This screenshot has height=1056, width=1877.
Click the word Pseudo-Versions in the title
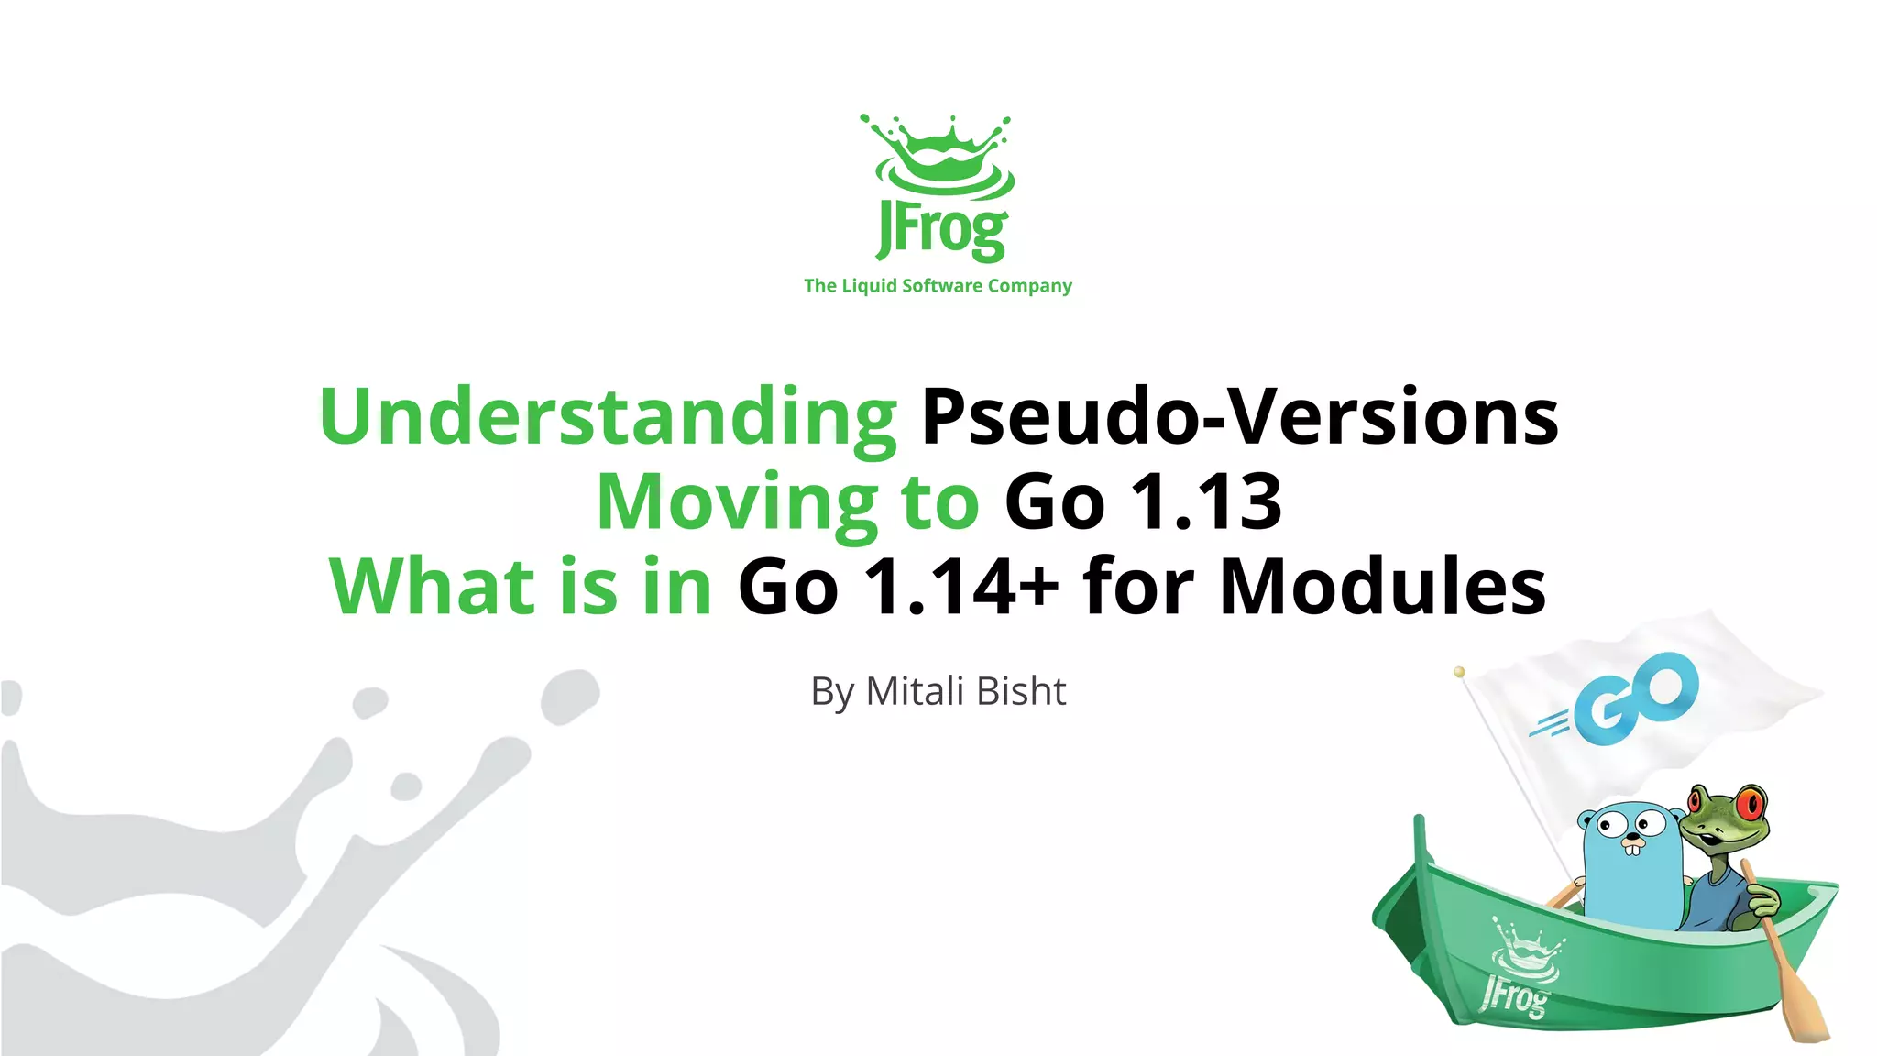(x=1239, y=418)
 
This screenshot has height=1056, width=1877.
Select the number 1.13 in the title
(x=1206, y=502)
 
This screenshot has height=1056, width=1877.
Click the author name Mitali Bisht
(x=966, y=691)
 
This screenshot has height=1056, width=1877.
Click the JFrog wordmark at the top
(x=941, y=229)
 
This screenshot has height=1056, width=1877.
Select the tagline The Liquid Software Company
(x=938, y=286)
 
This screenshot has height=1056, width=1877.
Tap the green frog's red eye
(x=1751, y=805)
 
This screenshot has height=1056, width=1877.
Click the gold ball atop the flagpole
(x=1460, y=672)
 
